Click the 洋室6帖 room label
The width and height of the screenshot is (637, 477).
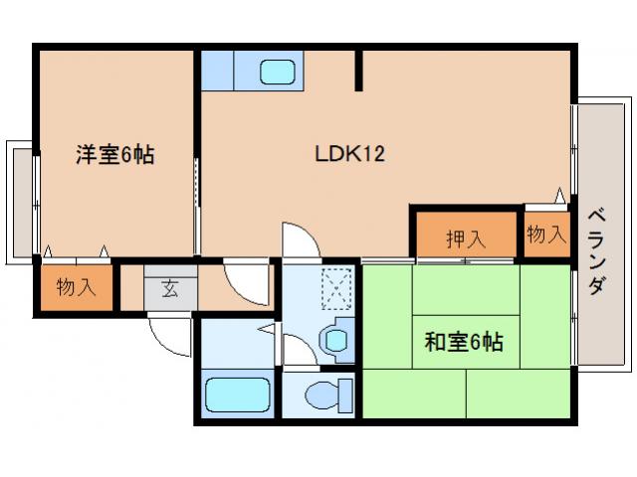(115, 155)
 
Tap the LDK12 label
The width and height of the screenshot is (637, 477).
(349, 155)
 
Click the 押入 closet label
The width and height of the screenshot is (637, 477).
(465, 238)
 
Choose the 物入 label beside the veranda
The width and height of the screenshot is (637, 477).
(545, 235)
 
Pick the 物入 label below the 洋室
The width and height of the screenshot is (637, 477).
(76, 288)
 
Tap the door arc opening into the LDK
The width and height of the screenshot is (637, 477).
(297, 241)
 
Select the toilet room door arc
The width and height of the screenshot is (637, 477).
(296, 349)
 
